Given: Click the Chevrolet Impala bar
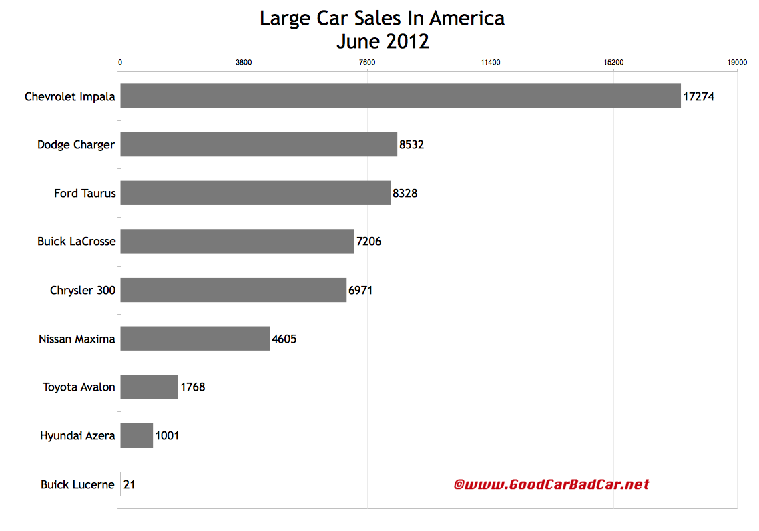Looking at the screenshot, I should click(x=401, y=96).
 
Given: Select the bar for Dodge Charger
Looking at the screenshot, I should click(x=259, y=144).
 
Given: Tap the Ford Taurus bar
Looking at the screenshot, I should click(x=256, y=193).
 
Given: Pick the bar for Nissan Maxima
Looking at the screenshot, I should click(x=195, y=339).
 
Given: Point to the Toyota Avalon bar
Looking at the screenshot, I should click(x=149, y=387).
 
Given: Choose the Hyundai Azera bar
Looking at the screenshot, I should click(x=137, y=435).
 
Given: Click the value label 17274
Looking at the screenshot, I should click(x=698, y=96).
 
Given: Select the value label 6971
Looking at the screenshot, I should click(x=360, y=290).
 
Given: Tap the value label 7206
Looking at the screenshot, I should click(x=368, y=241).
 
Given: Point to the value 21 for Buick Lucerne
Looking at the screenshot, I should click(x=130, y=484).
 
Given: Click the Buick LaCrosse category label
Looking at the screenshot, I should click(x=76, y=241).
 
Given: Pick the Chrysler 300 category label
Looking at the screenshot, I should click(x=82, y=290).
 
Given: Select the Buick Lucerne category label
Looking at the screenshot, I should click(x=77, y=484).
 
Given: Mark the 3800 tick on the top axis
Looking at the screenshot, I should click(x=244, y=63).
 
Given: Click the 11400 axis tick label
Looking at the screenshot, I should click(x=491, y=63).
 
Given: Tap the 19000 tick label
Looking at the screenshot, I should click(x=737, y=63).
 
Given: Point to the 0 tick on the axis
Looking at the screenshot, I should click(x=120, y=63).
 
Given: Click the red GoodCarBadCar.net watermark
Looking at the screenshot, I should click(x=551, y=484).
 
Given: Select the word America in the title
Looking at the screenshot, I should click(x=467, y=19).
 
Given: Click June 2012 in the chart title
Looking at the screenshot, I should click(x=383, y=41).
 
